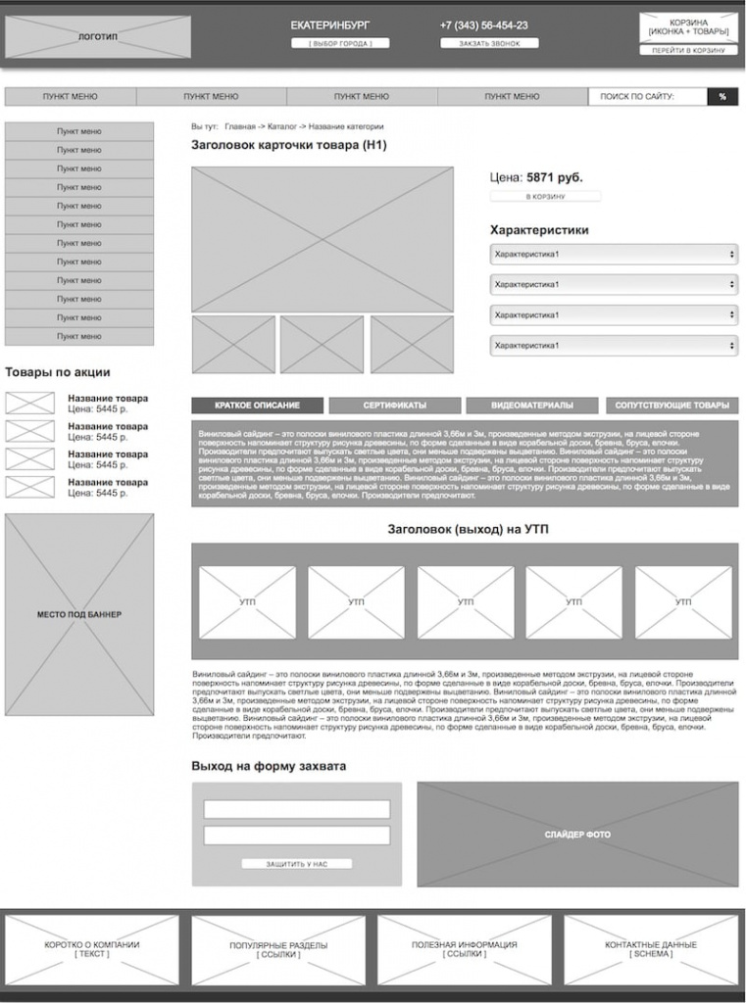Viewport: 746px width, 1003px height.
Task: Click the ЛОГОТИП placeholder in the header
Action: [x=98, y=36]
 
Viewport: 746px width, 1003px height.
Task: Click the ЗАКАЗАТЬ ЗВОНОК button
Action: [x=489, y=44]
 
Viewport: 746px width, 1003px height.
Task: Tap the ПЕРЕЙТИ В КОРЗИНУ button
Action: [x=689, y=50]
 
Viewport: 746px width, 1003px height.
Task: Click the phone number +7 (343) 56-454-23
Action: [x=483, y=25]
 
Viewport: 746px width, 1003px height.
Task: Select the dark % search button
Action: [x=722, y=97]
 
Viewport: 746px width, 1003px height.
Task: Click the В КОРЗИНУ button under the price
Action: [x=545, y=197]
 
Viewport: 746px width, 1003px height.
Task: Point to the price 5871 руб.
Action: [x=554, y=177]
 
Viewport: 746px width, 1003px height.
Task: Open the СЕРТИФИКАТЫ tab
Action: [x=394, y=406]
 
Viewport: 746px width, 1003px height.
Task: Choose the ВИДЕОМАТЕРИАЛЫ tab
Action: [x=531, y=406]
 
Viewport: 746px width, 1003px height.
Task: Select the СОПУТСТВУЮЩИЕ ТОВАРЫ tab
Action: [x=672, y=406]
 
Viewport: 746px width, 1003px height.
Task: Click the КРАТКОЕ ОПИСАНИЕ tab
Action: [x=257, y=406]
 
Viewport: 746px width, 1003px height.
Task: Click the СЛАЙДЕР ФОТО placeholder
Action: [x=577, y=835]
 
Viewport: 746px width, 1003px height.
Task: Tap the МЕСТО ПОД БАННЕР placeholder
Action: [x=79, y=614]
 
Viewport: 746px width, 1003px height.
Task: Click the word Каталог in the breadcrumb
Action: [x=281, y=126]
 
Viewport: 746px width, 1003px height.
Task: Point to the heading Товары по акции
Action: [x=58, y=372]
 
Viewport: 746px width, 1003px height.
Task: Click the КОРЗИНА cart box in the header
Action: [x=689, y=26]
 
